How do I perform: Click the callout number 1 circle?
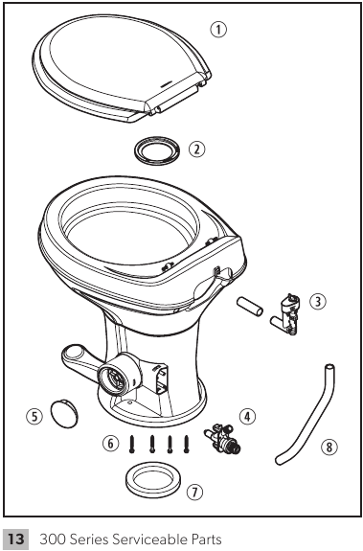coord(218,30)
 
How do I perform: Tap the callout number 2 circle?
coord(196,149)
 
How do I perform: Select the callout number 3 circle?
coord(319,301)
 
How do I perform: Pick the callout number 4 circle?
coord(248,416)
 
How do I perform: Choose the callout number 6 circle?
coord(110,443)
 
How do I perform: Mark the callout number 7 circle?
coord(195,493)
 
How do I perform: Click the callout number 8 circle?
coord(329,446)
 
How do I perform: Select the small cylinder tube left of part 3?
coord(250,310)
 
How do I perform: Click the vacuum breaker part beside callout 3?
coord(284,311)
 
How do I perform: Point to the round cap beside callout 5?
coord(63,413)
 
